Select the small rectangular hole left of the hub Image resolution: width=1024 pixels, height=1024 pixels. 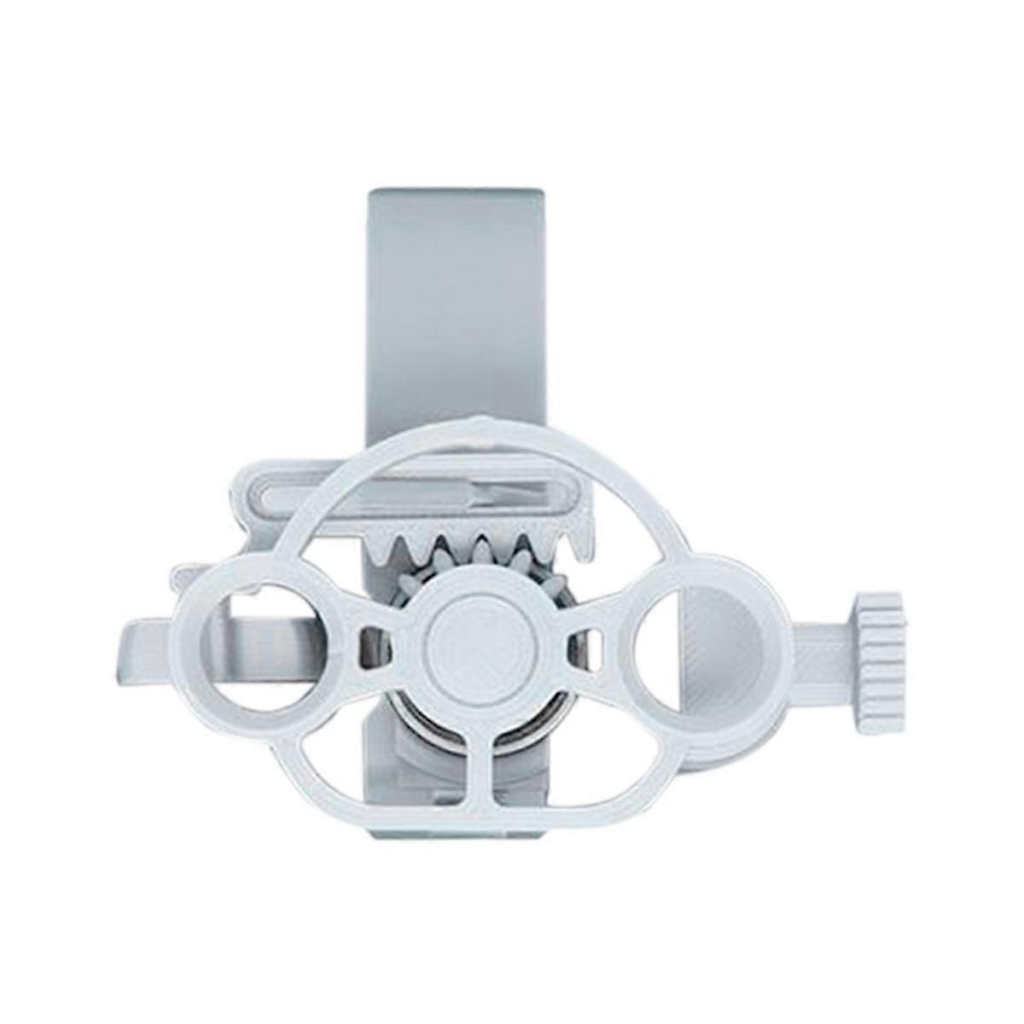373,636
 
